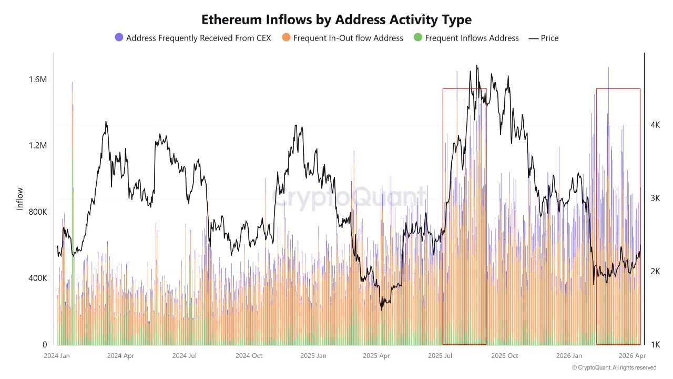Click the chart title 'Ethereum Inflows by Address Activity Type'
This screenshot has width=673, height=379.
pyautogui.click(x=336, y=20)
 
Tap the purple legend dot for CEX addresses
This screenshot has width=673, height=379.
pyautogui.click(x=119, y=38)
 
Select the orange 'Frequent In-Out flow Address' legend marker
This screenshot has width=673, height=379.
pyautogui.click(x=286, y=38)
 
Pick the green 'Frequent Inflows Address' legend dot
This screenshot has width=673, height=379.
pyautogui.click(x=418, y=38)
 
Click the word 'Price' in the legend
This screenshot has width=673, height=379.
pyautogui.click(x=549, y=38)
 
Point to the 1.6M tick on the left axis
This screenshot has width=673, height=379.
pyautogui.click(x=38, y=79)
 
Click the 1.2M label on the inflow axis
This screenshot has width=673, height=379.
pyautogui.click(x=38, y=146)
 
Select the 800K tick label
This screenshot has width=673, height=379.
pyautogui.click(x=38, y=212)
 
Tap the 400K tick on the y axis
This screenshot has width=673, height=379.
pyautogui.click(x=38, y=278)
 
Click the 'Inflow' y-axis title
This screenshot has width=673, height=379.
pyautogui.click(x=20, y=199)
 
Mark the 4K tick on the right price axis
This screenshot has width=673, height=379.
pyautogui.click(x=655, y=125)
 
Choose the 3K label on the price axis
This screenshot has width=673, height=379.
pyautogui.click(x=655, y=198)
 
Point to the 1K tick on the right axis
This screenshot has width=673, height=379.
pyautogui.click(x=655, y=345)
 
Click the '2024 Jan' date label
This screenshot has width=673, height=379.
pyautogui.click(x=57, y=356)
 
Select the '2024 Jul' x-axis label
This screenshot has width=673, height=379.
pyautogui.click(x=185, y=356)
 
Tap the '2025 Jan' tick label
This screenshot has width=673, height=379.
pyautogui.click(x=313, y=356)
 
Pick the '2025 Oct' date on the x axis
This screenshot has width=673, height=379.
pyautogui.click(x=505, y=356)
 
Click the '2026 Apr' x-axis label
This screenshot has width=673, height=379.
pyautogui.click(x=633, y=356)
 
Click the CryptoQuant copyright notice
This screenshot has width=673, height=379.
pyautogui.click(x=614, y=367)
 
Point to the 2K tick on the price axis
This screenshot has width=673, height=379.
pyautogui.click(x=655, y=272)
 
